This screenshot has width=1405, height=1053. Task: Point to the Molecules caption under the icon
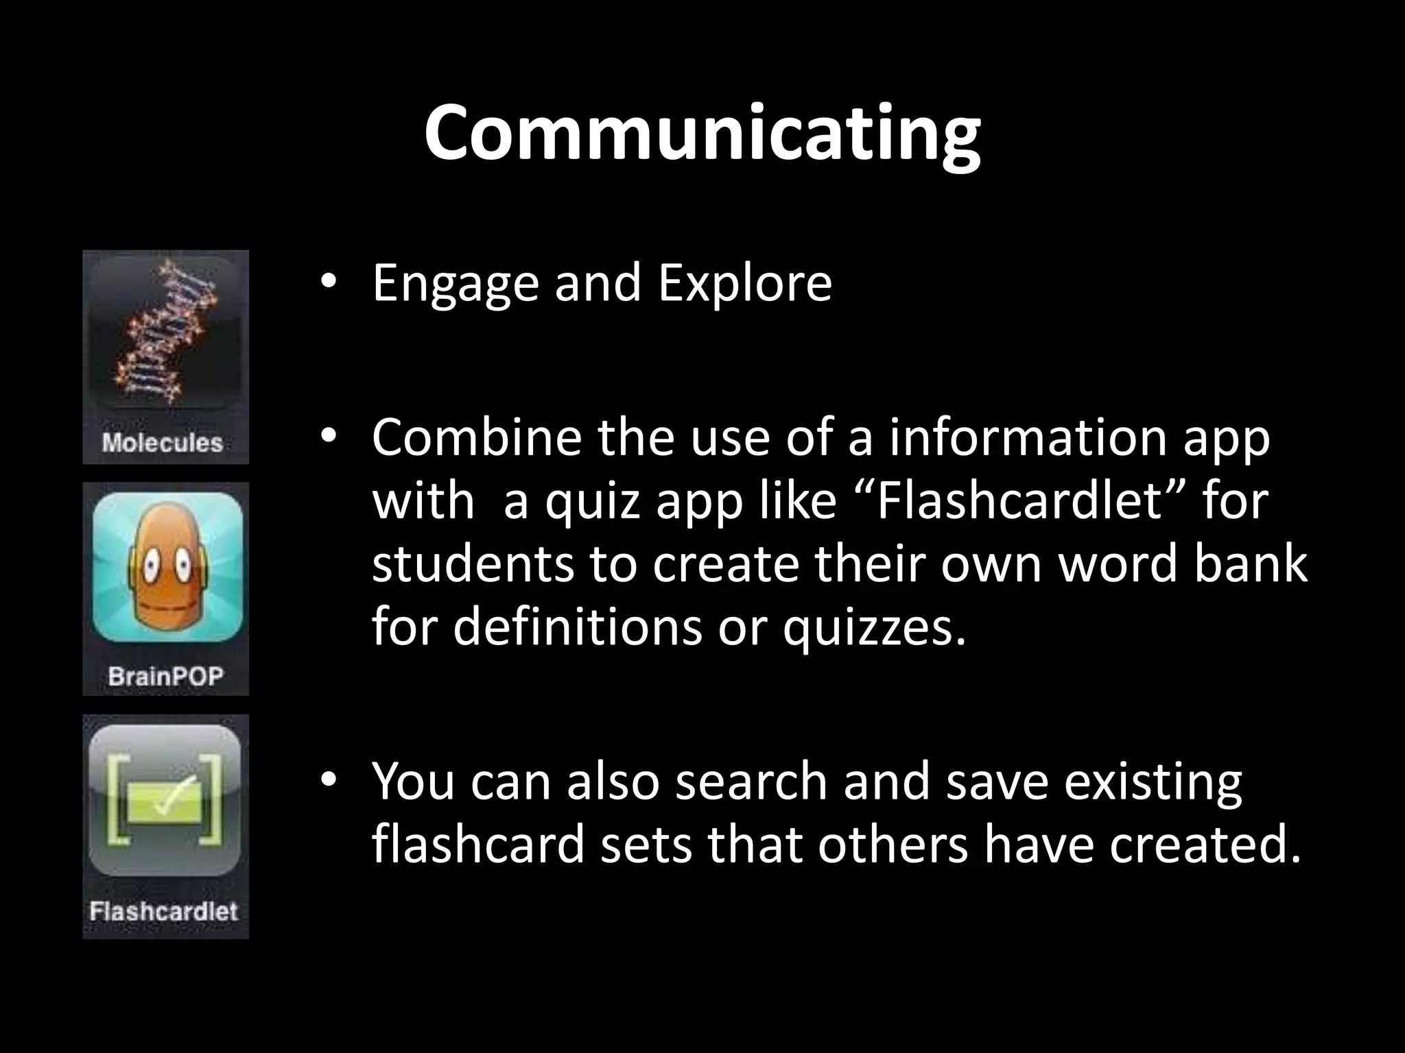163,443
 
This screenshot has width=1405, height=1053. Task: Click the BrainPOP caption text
165,677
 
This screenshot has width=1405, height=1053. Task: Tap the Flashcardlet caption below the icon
164,912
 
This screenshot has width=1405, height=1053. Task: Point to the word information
1028,437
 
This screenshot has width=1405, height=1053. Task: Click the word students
472,564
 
